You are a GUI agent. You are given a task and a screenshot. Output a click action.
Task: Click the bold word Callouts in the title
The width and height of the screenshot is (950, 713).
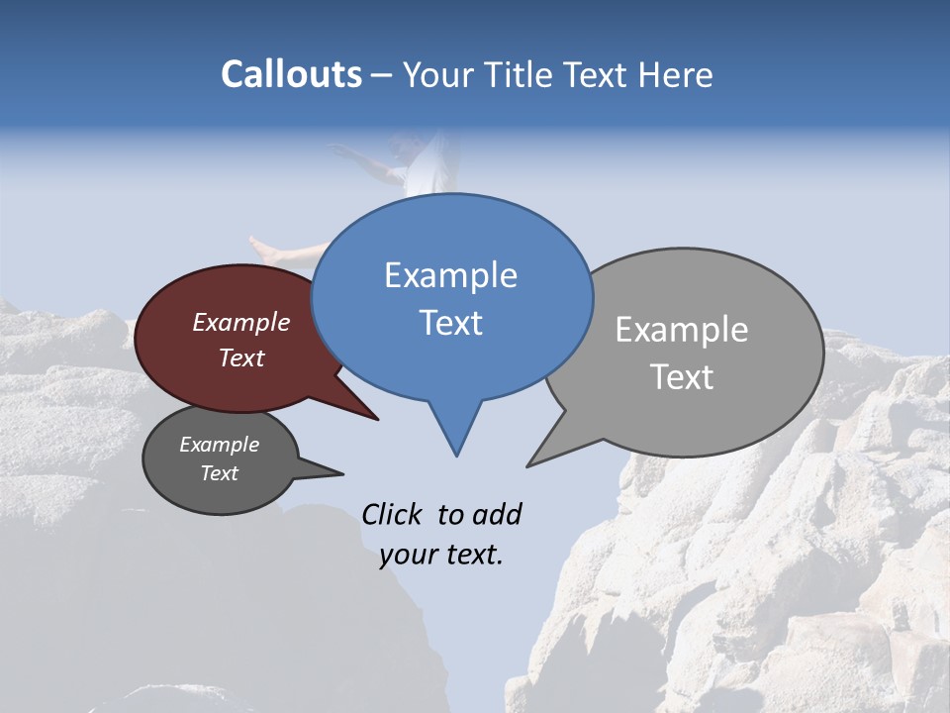pyautogui.click(x=291, y=74)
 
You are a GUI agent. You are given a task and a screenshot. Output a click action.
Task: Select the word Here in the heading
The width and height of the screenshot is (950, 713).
pyautogui.click(x=677, y=74)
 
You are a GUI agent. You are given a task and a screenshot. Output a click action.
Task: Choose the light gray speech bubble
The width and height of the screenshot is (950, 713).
pyautogui.click(x=752, y=406)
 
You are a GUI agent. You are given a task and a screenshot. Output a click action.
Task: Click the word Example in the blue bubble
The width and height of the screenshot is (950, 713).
pyautogui.click(x=450, y=275)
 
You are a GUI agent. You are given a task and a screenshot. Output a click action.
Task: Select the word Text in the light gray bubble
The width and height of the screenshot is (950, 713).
pyautogui.click(x=682, y=377)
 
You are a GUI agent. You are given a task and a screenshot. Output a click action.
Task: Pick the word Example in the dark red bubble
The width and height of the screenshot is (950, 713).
pyautogui.click(x=241, y=322)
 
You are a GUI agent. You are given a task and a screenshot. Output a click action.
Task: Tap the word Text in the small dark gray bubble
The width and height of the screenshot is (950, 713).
pyautogui.click(x=220, y=473)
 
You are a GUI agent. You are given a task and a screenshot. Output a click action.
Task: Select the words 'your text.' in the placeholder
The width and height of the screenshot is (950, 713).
pyautogui.click(x=441, y=555)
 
